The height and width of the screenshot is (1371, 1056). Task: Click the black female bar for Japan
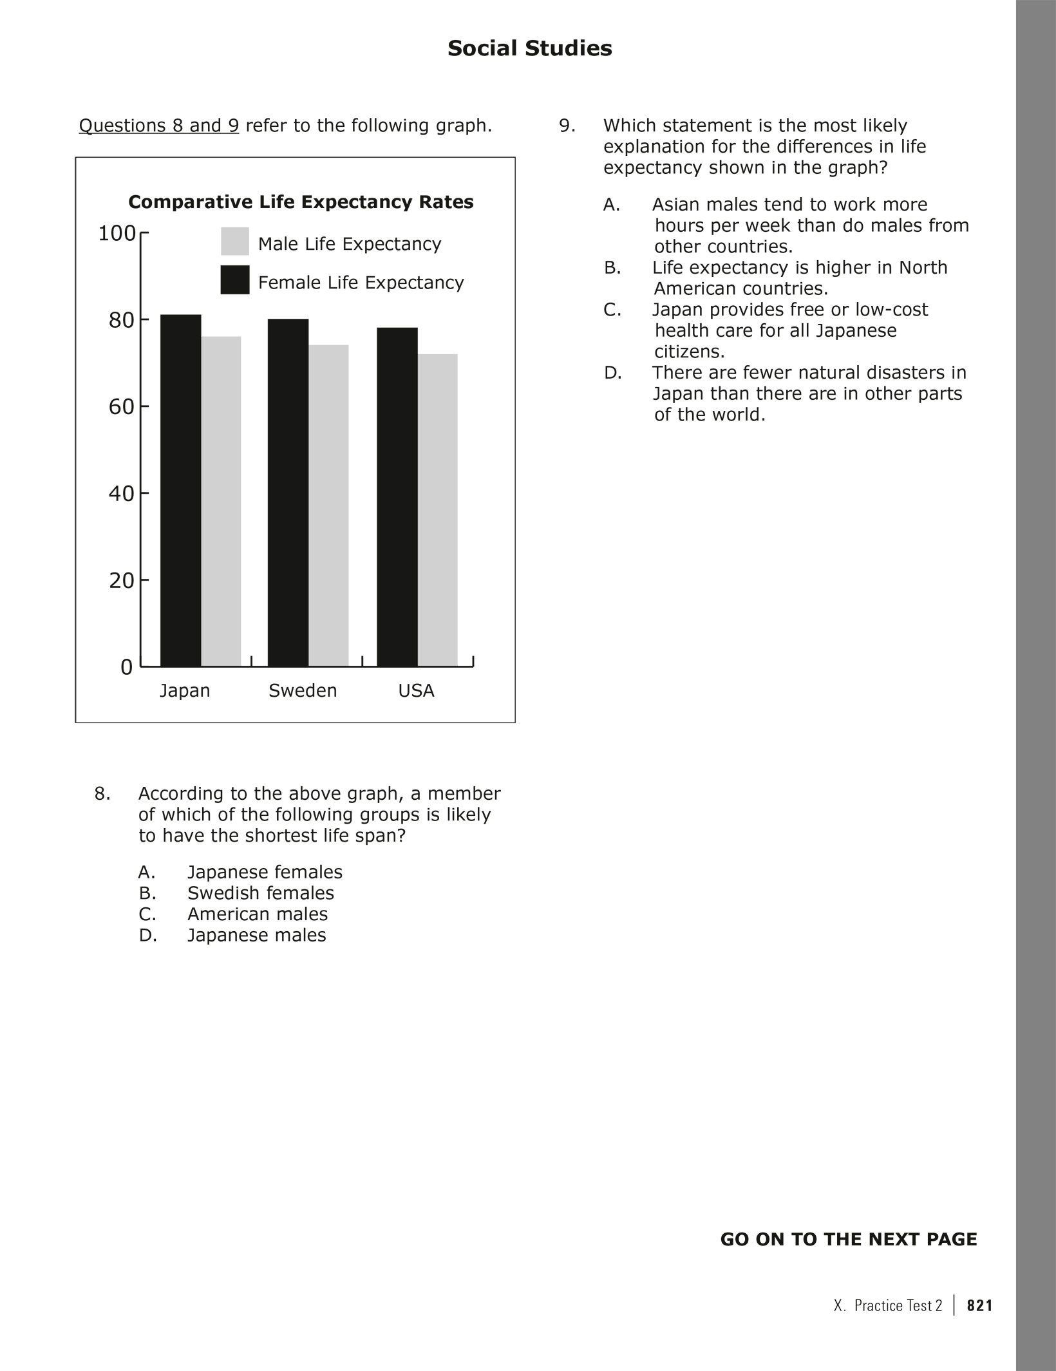[180, 489]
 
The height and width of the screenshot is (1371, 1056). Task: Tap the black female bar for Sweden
[288, 492]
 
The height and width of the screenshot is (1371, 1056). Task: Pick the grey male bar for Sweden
[328, 505]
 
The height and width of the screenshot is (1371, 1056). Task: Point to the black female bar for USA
[397, 496]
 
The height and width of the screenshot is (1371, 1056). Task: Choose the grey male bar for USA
[438, 509]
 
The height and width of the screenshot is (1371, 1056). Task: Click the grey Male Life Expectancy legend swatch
[235, 241]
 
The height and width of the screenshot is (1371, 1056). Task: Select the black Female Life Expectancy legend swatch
[235, 279]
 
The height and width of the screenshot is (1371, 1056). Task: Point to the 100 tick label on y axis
[117, 233]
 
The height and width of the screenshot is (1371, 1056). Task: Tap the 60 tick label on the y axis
[120, 407]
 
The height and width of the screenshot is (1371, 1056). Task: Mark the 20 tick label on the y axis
[120, 581]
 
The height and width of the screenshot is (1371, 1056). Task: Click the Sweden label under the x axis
[303, 691]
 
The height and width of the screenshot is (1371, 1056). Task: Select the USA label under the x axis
[416, 691]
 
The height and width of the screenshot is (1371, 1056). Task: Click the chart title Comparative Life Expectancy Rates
[301, 202]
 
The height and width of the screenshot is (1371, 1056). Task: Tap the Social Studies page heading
[529, 48]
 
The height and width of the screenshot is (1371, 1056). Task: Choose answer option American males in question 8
[258, 914]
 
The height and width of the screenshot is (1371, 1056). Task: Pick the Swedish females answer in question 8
[261, 893]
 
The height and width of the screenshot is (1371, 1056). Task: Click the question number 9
[567, 126]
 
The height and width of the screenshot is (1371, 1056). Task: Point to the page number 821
[980, 1305]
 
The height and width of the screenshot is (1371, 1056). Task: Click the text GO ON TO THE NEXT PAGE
[848, 1240]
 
